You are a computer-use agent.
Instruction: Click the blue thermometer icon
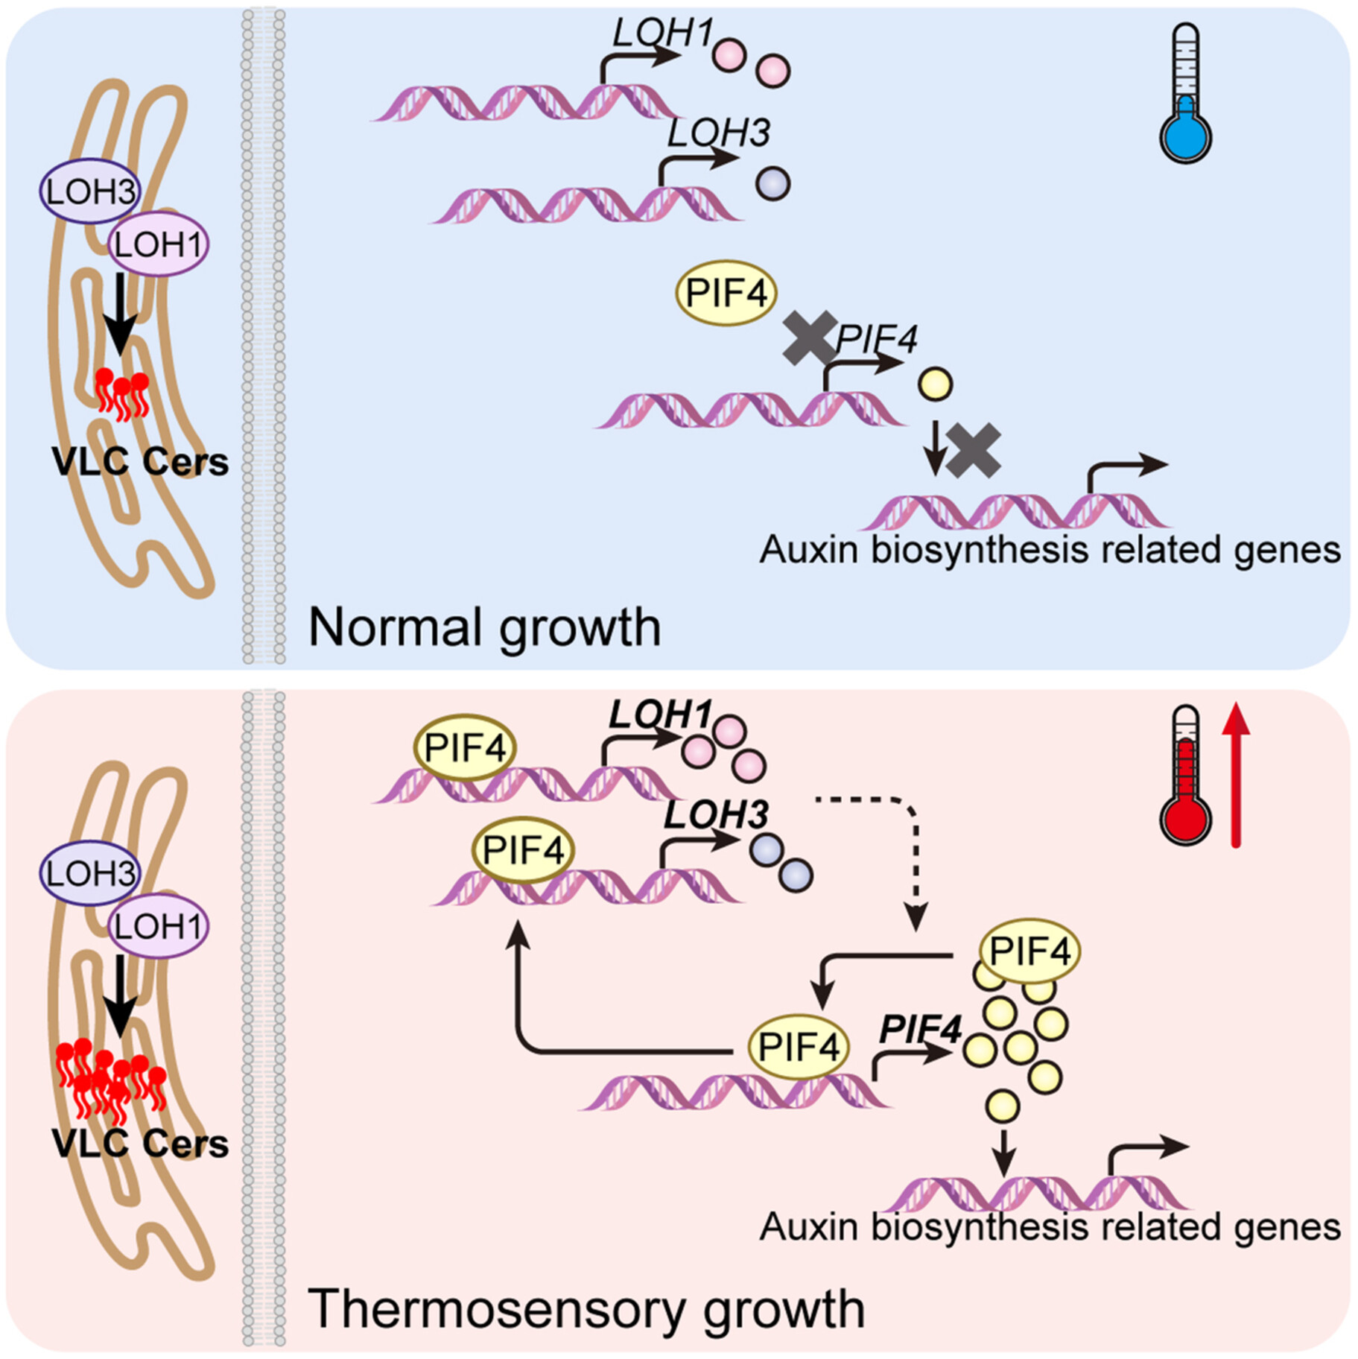click(1185, 95)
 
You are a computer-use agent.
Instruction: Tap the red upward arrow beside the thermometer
click(1236, 775)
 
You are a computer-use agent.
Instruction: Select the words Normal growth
click(484, 628)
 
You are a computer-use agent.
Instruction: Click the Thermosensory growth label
click(586, 1309)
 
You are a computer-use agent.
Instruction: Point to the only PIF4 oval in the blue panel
click(726, 293)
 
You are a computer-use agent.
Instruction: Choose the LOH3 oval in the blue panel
click(90, 191)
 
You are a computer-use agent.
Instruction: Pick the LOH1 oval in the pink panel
click(158, 926)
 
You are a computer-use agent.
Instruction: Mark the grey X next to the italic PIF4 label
click(809, 339)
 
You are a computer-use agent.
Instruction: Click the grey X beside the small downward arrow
click(974, 450)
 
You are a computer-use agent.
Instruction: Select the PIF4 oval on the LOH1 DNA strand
click(466, 747)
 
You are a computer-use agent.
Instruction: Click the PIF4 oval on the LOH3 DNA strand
click(523, 850)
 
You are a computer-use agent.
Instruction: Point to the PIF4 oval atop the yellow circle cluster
click(1030, 951)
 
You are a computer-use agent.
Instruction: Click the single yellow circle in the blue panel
click(936, 384)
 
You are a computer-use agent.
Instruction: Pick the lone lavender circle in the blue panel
click(772, 183)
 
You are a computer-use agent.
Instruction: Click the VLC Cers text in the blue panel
click(140, 462)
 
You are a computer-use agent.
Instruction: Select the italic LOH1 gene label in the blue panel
click(662, 34)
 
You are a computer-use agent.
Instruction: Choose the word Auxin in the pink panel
click(810, 1227)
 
